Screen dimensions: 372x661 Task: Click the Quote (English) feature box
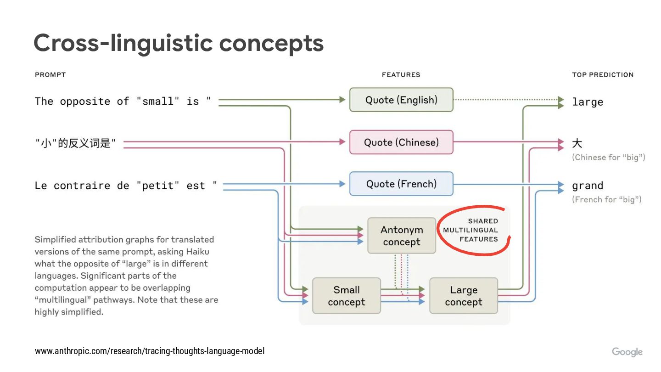pyautogui.click(x=401, y=100)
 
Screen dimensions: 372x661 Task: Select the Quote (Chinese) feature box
pyautogui.click(x=401, y=142)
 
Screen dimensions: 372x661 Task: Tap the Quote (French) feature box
pyautogui.click(x=401, y=184)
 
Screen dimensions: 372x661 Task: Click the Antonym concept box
pyautogui.click(x=402, y=236)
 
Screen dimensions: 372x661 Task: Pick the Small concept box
pyautogui.click(x=347, y=296)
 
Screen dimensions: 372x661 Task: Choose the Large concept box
pyautogui.click(x=464, y=296)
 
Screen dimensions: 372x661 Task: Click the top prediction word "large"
pyautogui.click(x=588, y=102)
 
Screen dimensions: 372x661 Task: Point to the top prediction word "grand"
pyautogui.click(x=588, y=186)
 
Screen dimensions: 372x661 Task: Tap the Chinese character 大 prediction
pyautogui.click(x=577, y=143)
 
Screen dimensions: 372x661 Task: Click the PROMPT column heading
pyautogui.click(x=50, y=75)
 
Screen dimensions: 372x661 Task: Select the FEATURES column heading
pyautogui.click(x=401, y=75)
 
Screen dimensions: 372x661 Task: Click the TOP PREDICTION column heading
pyautogui.click(x=603, y=75)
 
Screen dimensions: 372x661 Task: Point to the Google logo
pyautogui.click(x=627, y=352)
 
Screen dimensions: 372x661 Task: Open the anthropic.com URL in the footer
pyautogui.click(x=150, y=351)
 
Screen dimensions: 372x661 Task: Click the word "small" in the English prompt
pyautogui.click(x=157, y=101)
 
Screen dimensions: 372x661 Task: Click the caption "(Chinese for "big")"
pyautogui.click(x=608, y=158)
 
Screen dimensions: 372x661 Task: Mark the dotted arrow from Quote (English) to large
pyautogui.click(x=505, y=99)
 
